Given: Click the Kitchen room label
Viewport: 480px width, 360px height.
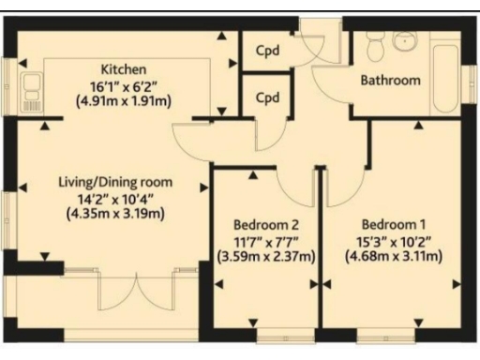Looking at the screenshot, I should pyautogui.click(x=124, y=69).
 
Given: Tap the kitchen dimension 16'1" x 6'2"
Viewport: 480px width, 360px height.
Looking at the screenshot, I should pyautogui.click(x=124, y=85).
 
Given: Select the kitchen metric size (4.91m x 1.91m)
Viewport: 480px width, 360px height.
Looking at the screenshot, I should pyautogui.click(x=124, y=100).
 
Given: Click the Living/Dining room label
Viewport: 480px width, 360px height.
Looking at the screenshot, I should pyautogui.click(x=115, y=182).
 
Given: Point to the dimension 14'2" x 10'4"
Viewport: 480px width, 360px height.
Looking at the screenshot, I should pyautogui.click(x=115, y=198).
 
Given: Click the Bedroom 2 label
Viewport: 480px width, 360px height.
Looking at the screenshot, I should pyautogui.click(x=266, y=225).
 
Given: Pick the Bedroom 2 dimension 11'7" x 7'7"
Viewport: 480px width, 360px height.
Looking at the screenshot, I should pyautogui.click(x=266, y=241).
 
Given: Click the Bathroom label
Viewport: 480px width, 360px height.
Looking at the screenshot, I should pyautogui.click(x=391, y=81).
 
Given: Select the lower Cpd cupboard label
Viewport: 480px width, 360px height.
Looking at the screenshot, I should pyautogui.click(x=268, y=97).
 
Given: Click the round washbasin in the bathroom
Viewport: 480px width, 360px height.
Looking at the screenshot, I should pyautogui.click(x=407, y=41).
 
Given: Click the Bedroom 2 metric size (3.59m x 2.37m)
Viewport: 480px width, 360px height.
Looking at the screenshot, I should pyautogui.click(x=266, y=256).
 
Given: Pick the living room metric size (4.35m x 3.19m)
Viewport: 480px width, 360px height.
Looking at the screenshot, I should pyautogui.click(x=115, y=213).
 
